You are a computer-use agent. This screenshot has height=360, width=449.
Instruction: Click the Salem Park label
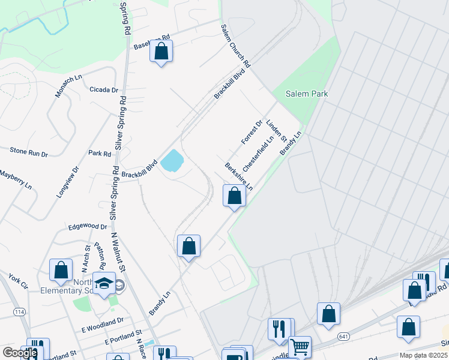tap(307, 94)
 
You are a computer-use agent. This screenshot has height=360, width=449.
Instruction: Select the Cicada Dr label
tap(104, 90)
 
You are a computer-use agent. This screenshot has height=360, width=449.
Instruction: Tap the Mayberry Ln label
tap(16, 179)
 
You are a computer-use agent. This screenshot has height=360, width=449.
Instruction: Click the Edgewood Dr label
tap(88, 227)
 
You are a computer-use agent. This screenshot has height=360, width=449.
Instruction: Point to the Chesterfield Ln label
tap(259, 153)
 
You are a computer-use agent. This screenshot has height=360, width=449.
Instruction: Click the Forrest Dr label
tap(252, 132)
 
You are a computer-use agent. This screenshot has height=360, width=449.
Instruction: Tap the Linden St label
tap(277, 130)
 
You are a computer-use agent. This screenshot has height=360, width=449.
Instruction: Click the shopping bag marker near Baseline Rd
tap(161, 51)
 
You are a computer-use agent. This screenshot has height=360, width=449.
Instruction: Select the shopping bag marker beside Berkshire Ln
tap(234, 196)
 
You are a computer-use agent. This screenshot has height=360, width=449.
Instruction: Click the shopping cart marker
tap(300, 347)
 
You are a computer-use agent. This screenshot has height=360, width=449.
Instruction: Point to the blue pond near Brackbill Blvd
tap(172, 160)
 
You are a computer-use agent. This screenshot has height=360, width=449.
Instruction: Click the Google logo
tap(20, 353)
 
